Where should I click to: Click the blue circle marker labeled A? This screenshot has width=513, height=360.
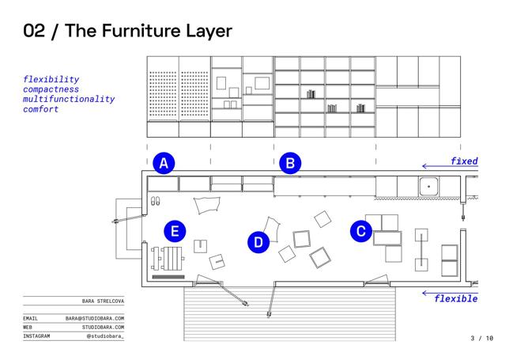[x=164, y=164]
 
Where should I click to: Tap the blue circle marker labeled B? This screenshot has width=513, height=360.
[x=290, y=164]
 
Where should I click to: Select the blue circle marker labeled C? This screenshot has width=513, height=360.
[x=361, y=231]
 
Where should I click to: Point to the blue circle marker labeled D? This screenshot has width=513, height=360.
[x=258, y=242]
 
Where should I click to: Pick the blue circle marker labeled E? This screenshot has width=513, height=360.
[x=175, y=231]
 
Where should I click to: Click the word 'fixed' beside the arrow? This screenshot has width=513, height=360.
[x=464, y=161]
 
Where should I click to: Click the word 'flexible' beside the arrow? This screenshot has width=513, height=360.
[x=456, y=298]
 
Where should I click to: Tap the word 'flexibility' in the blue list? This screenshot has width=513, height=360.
[x=51, y=80]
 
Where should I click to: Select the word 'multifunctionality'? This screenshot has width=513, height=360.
[x=69, y=100]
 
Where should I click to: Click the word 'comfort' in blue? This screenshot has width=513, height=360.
[x=41, y=109]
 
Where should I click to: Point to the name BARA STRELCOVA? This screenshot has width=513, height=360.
[x=103, y=302]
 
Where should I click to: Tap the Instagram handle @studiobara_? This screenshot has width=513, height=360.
[x=105, y=336]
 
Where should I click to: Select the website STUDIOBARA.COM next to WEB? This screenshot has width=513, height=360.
[x=103, y=327]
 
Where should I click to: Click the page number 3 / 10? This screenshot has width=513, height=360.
[x=481, y=339]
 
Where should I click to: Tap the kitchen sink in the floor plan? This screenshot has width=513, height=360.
[x=428, y=187]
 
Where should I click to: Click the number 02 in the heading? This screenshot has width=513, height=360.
[x=34, y=31]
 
